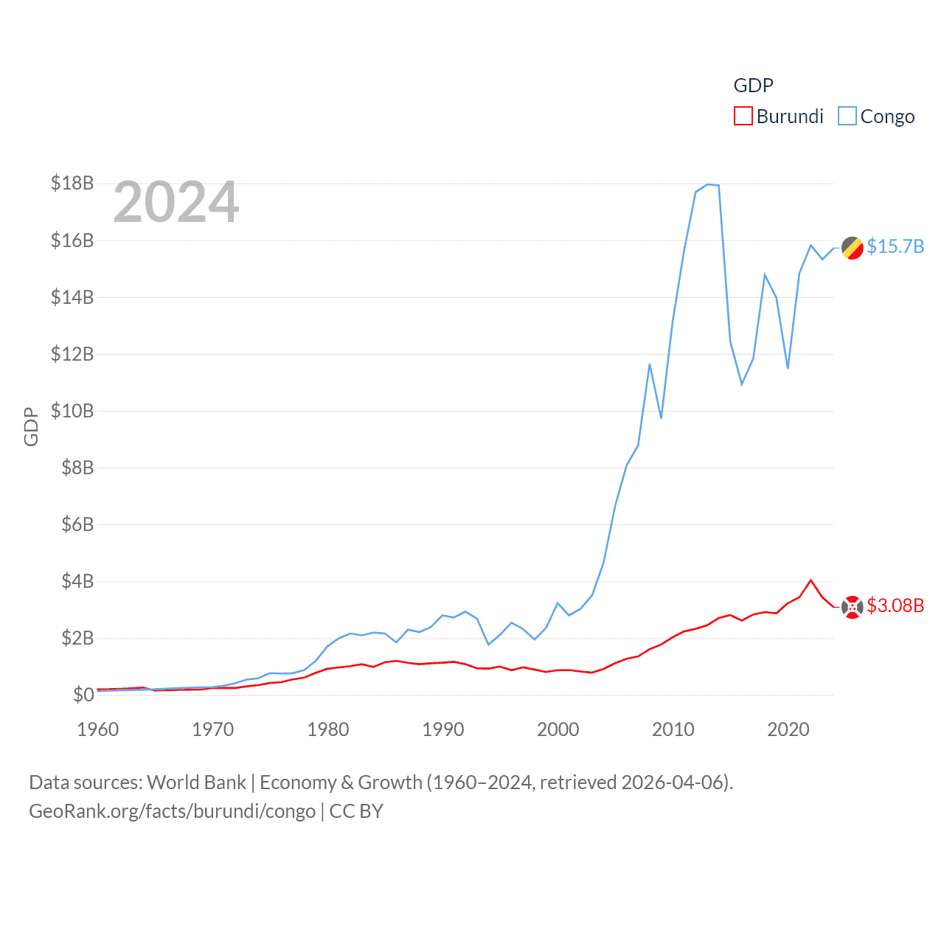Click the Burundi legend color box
[743, 117]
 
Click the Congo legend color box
[847, 117]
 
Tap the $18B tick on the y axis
[72, 183]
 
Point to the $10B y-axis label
[72, 411]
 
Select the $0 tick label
[83, 695]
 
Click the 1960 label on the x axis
[98, 729]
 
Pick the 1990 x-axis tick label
[443, 729]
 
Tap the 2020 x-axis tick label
[788, 729]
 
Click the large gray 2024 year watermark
[176, 202]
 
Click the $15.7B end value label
[895, 246]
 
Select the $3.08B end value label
[895, 605]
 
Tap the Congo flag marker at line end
[853, 249]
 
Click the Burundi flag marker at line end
[853, 607]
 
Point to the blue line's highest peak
[708, 184]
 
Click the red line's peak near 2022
[811, 580]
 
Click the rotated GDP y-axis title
[31, 426]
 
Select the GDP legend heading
[754, 86]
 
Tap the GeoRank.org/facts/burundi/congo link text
[172, 811]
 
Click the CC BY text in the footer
[356, 811]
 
